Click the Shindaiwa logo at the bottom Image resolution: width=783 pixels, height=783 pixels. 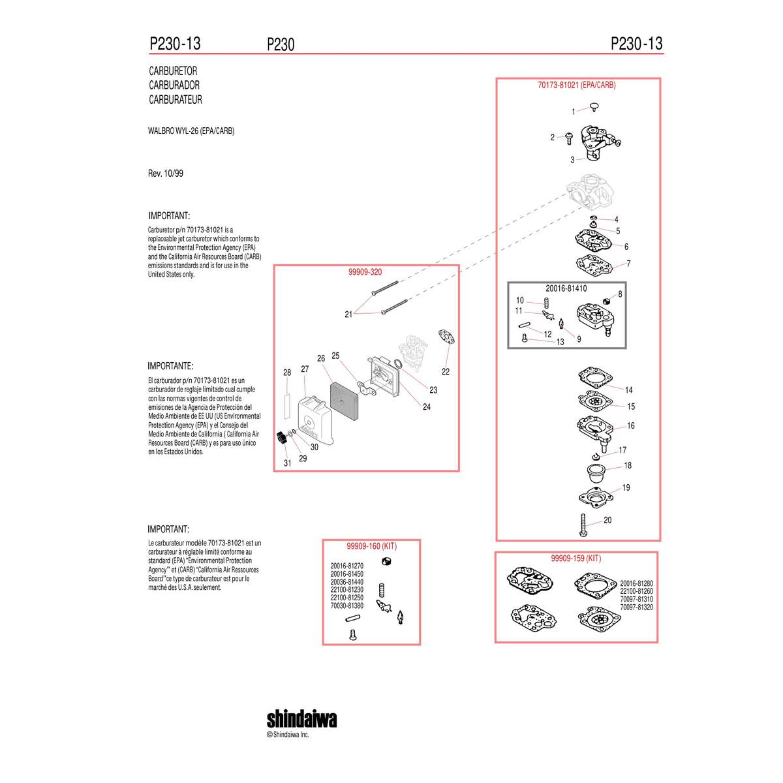point(301,719)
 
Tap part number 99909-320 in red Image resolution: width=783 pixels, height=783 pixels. point(365,272)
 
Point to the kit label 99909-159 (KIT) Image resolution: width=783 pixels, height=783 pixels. point(576,558)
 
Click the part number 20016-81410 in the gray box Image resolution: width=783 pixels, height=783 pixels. point(566,288)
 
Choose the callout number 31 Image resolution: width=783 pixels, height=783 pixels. point(287,463)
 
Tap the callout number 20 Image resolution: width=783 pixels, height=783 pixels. point(607,519)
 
